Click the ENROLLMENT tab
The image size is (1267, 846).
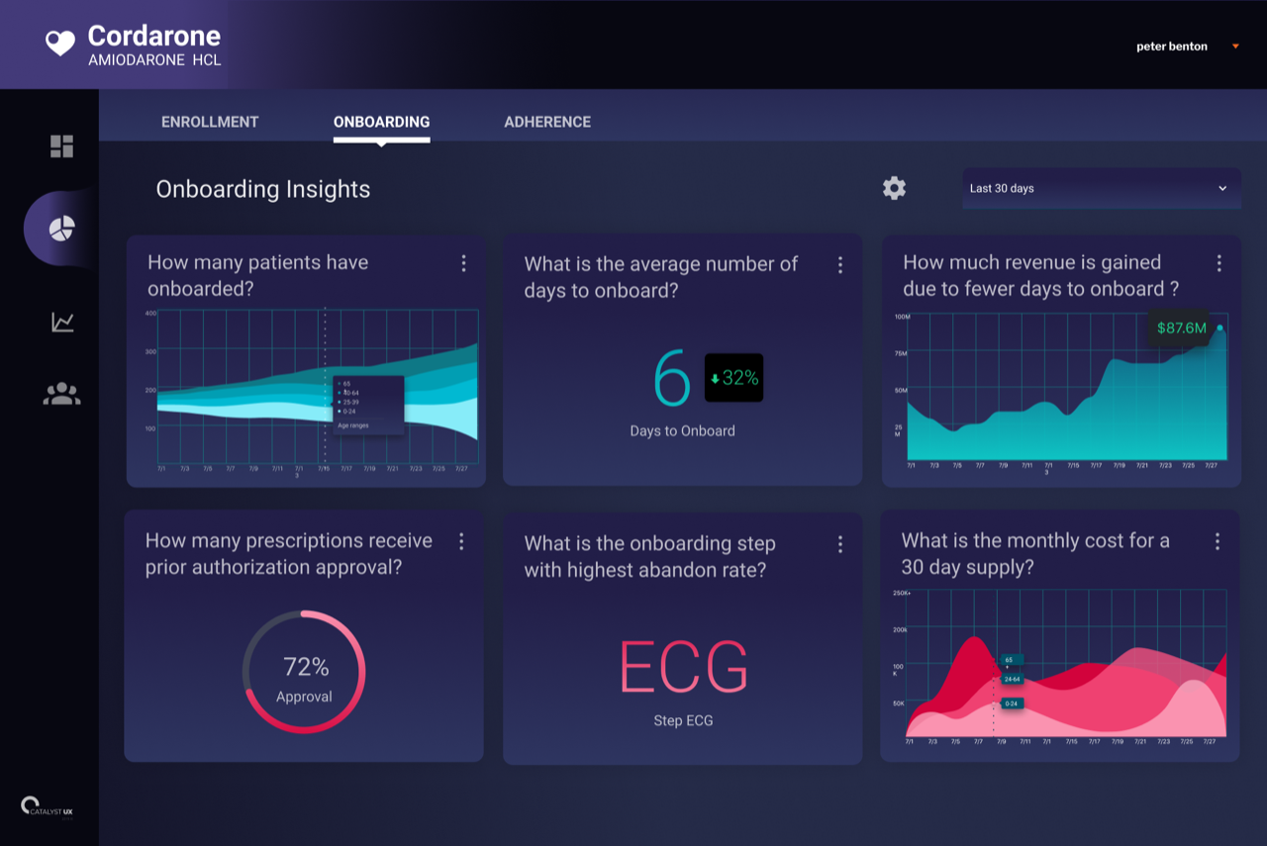click(210, 122)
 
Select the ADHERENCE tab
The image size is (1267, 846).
click(547, 122)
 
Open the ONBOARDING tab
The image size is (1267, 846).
click(381, 122)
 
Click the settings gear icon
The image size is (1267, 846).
click(894, 188)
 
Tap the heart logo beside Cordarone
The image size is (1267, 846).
click(60, 43)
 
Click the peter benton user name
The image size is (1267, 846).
click(1171, 47)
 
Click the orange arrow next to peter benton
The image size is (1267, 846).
click(1235, 47)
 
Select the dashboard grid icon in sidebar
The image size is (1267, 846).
click(61, 146)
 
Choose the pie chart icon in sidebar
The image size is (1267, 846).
click(61, 229)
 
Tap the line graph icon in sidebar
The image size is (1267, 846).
click(62, 322)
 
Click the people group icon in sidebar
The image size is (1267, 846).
click(61, 394)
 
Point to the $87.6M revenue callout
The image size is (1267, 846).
click(1181, 329)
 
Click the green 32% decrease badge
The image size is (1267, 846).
click(733, 378)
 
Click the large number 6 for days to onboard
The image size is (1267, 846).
click(672, 379)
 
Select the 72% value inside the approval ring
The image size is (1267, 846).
click(305, 666)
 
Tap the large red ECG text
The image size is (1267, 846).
click(683, 668)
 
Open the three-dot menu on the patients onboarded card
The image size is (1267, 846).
click(463, 263)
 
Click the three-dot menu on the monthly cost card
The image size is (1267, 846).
click(1218, 541)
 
